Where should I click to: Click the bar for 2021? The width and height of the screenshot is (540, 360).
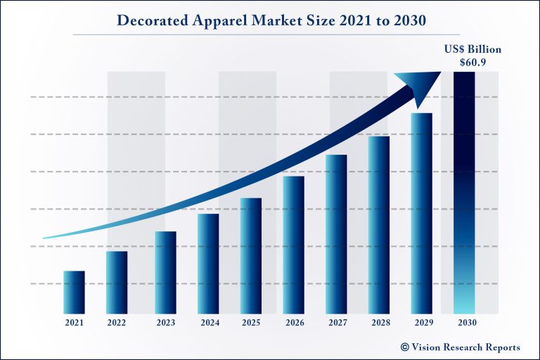[74, 292]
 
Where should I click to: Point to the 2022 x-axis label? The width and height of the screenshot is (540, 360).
[117, 323]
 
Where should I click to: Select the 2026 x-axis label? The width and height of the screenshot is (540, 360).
[294, 323]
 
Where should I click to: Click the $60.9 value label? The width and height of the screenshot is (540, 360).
[464, 62]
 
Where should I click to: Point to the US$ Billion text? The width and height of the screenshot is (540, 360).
[464, 49]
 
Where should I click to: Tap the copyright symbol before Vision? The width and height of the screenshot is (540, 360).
[405, 347]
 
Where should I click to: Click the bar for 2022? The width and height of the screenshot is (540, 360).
[117, 282]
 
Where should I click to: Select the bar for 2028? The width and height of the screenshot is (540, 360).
[379, 224]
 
